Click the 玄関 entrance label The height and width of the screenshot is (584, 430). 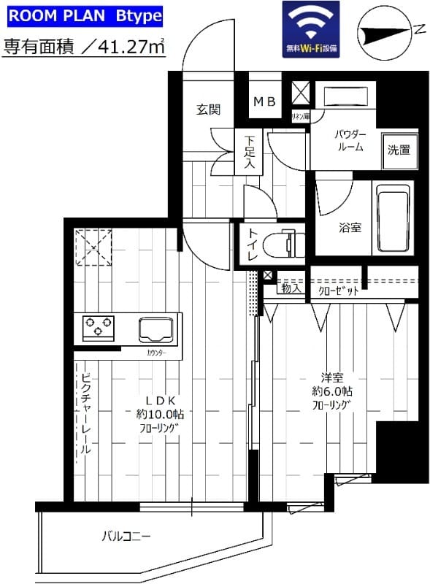pyautogui.click(x=208, y=109)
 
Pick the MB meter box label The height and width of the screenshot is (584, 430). pyautogui.click(x=264, y=102)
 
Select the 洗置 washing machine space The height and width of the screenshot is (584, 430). pyautogui.click(x=399, y=151)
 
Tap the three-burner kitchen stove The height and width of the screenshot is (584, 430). pyautogui.click(x=97, y=326)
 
